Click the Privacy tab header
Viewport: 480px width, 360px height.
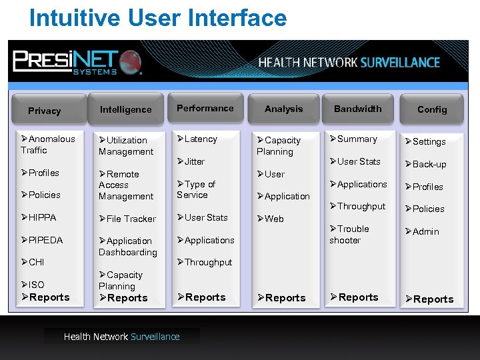coord(45,111)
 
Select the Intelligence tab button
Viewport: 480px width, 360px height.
coord(125,109)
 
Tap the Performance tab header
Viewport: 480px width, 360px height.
coord(205,108)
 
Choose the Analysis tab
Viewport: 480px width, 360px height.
coord(283,109)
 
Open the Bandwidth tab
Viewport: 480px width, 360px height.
coord(357,109)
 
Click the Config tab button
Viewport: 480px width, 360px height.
coord(432,109)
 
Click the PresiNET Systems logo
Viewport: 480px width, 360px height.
coord(77,62)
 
